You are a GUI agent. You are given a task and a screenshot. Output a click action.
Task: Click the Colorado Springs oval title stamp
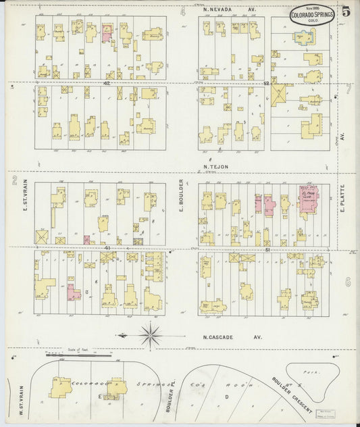pyautogui.click(x=311, y=15)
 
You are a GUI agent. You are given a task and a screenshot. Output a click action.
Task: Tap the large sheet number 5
pyautogui.click(x=346, y=11)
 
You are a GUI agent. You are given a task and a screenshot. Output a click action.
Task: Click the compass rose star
pyautogui.click(x=150, y=334)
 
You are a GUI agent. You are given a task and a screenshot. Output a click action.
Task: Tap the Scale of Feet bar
pyautogui.click(x=74, y=355)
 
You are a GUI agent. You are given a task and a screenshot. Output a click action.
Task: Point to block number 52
pyautogui.click(x=266, y=83)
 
